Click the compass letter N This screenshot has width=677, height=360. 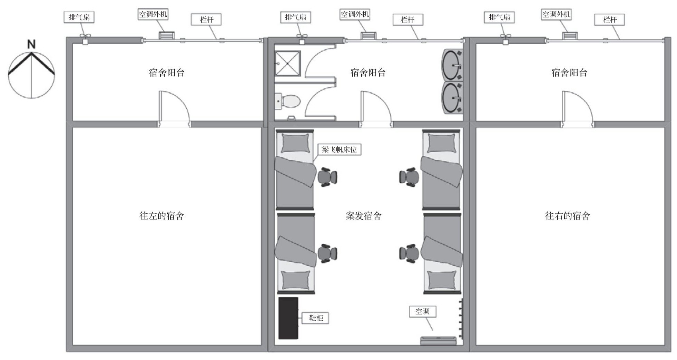pos(31,44)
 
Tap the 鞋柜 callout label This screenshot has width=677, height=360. pos(315,318)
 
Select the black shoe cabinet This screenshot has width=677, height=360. pos(288,318)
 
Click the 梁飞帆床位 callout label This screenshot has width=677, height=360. pos(339,149)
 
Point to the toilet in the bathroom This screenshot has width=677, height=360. pos(288,101)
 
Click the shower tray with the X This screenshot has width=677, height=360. pos(287,63)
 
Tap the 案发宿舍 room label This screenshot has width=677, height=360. pos(363,216)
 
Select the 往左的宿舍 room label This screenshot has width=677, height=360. pos(161,216)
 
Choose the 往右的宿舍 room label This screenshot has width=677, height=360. pos(567,216)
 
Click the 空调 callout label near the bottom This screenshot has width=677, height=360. pos(423,311)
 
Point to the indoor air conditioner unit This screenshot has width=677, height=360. pos(438,341)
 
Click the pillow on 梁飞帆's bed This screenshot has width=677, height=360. pos(296,143)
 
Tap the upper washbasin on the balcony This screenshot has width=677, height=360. pos(452,65)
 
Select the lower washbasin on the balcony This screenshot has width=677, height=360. pos(452,98)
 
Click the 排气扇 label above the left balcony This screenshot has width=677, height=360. pos(79,17)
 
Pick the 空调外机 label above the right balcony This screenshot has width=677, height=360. pos(556,14)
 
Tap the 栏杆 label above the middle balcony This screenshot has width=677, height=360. pos(408,20)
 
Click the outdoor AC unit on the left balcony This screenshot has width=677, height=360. pos(167,36)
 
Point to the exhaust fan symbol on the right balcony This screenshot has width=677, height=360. pos(505,39)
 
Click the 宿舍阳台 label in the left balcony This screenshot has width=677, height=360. pos(167,72)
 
